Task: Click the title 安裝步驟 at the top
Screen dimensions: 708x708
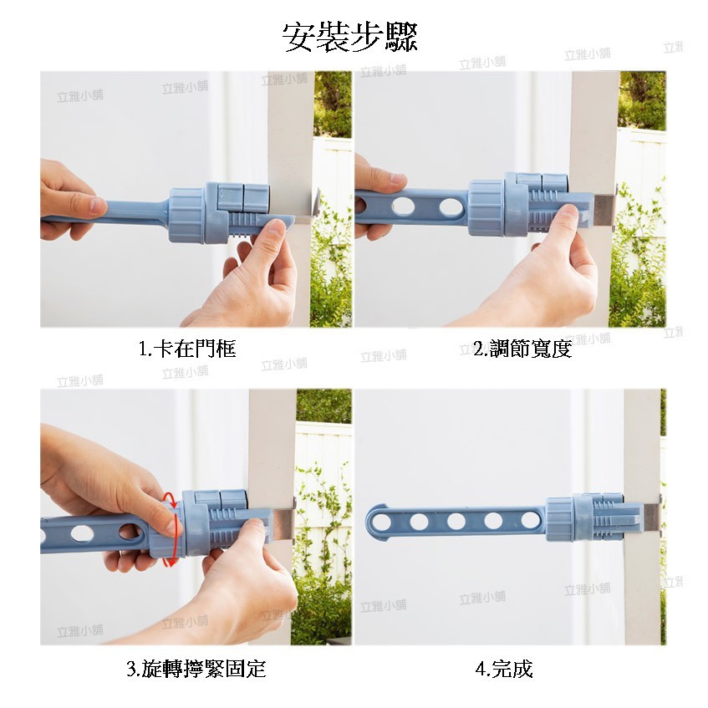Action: (x=350, y=37)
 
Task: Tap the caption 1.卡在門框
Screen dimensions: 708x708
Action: (x=187, y=349)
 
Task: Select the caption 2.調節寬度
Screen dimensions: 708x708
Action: (x=522, y=349)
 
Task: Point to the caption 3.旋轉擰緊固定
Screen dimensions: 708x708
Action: (x=196, y=669)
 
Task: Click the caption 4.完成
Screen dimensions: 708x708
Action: (x=504, y=669)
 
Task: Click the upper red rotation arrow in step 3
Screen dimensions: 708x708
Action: (x=171, y=501)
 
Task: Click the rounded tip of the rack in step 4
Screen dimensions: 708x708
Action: (x=373, y=522)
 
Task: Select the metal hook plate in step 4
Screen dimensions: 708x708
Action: (x=651, y=518)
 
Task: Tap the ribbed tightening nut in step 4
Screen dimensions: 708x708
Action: (x=559, y=519)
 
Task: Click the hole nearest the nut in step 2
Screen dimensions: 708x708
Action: (x=451, y=206)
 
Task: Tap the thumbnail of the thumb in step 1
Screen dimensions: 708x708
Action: (x=96, y=206)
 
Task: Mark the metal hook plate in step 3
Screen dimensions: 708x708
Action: (x=283, y=521)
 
